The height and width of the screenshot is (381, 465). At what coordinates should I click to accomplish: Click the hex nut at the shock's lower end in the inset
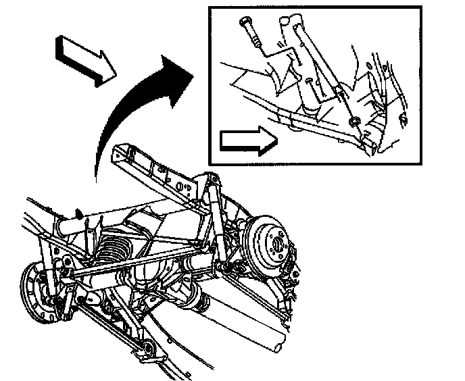[353, 121]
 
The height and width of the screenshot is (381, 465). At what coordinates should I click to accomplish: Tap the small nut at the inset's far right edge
[403, 120]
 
